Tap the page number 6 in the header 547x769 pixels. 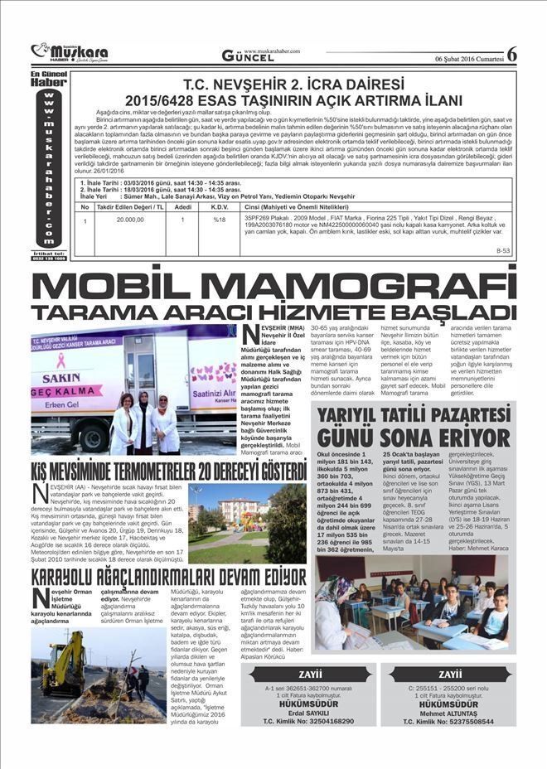pos(511,54)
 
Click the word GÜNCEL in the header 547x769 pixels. pos(244,56)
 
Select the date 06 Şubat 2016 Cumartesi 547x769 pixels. pos(468,57)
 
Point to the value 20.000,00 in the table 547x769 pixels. pos(130,220)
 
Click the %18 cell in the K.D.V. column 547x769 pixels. pos(220,220)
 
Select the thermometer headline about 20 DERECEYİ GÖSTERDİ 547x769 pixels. pos(169,472)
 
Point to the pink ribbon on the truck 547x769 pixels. pos(60,360)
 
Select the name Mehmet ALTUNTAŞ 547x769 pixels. pos(451,713)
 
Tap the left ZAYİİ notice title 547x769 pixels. pos(308,674)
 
